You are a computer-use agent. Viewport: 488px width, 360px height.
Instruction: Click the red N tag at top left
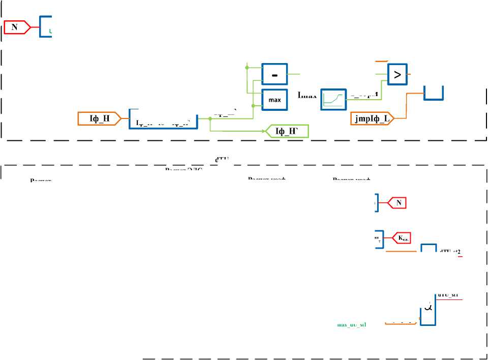pos(16,27)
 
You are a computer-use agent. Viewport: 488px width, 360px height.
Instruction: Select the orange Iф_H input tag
pos(97,118)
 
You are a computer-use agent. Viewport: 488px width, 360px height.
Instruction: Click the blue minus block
pos(274,75)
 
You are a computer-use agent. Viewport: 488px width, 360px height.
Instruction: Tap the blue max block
pos(274,100)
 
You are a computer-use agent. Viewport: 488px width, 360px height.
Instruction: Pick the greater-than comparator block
pos(398,75)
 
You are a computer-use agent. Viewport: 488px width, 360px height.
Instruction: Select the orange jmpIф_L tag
pos(373,118)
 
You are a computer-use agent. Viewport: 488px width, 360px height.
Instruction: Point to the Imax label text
pos(307,95)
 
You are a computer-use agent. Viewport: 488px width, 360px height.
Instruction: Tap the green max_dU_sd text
pos(352,324)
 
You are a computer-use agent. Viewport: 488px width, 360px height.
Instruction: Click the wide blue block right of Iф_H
pos(163,119)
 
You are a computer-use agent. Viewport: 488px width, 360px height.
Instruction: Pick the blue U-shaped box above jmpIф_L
pos(434,93)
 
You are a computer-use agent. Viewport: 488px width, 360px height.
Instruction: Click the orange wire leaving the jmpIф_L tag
pos(402,114)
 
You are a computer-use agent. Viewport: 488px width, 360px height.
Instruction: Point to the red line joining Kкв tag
pos(387,236)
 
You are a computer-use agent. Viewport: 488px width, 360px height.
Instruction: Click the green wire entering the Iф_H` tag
pos(239,131)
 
